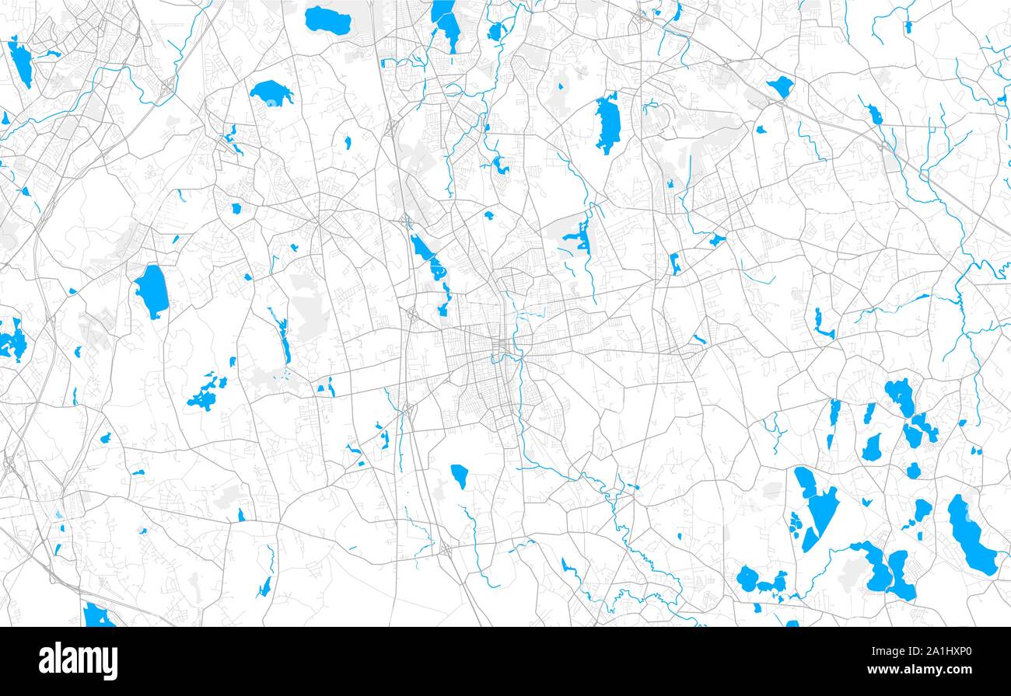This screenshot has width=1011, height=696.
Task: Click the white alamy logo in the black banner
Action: (79, 661)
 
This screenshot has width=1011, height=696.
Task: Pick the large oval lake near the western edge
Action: (152, 291)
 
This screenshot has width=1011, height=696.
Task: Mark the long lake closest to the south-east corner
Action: (971, 535)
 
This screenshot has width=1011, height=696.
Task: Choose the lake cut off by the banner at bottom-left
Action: (96, 615)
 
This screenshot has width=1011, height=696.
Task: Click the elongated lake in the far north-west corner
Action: (21, 62)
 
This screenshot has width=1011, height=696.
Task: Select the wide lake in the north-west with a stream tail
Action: (270, 93)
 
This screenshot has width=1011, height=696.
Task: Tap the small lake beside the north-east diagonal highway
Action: (780, 85)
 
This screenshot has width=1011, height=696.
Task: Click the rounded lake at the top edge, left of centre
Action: (327, 19)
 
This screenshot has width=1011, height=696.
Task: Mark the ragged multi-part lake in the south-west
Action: (205, 395)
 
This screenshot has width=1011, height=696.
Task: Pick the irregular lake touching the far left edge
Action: (12, 341)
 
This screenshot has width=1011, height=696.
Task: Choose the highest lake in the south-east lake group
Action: (901, 395)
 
